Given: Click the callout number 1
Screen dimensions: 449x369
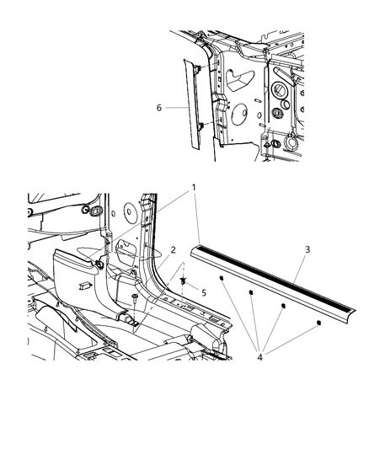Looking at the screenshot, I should (x=192, y=211).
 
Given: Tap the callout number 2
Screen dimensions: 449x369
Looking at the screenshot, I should (x=172, y=250).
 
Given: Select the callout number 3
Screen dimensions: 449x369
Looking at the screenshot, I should (x=308, y=251).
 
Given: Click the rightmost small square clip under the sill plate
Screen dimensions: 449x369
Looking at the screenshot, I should (x=318, y=322).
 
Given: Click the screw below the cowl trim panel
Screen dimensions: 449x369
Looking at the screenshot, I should (x=134, y=300).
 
